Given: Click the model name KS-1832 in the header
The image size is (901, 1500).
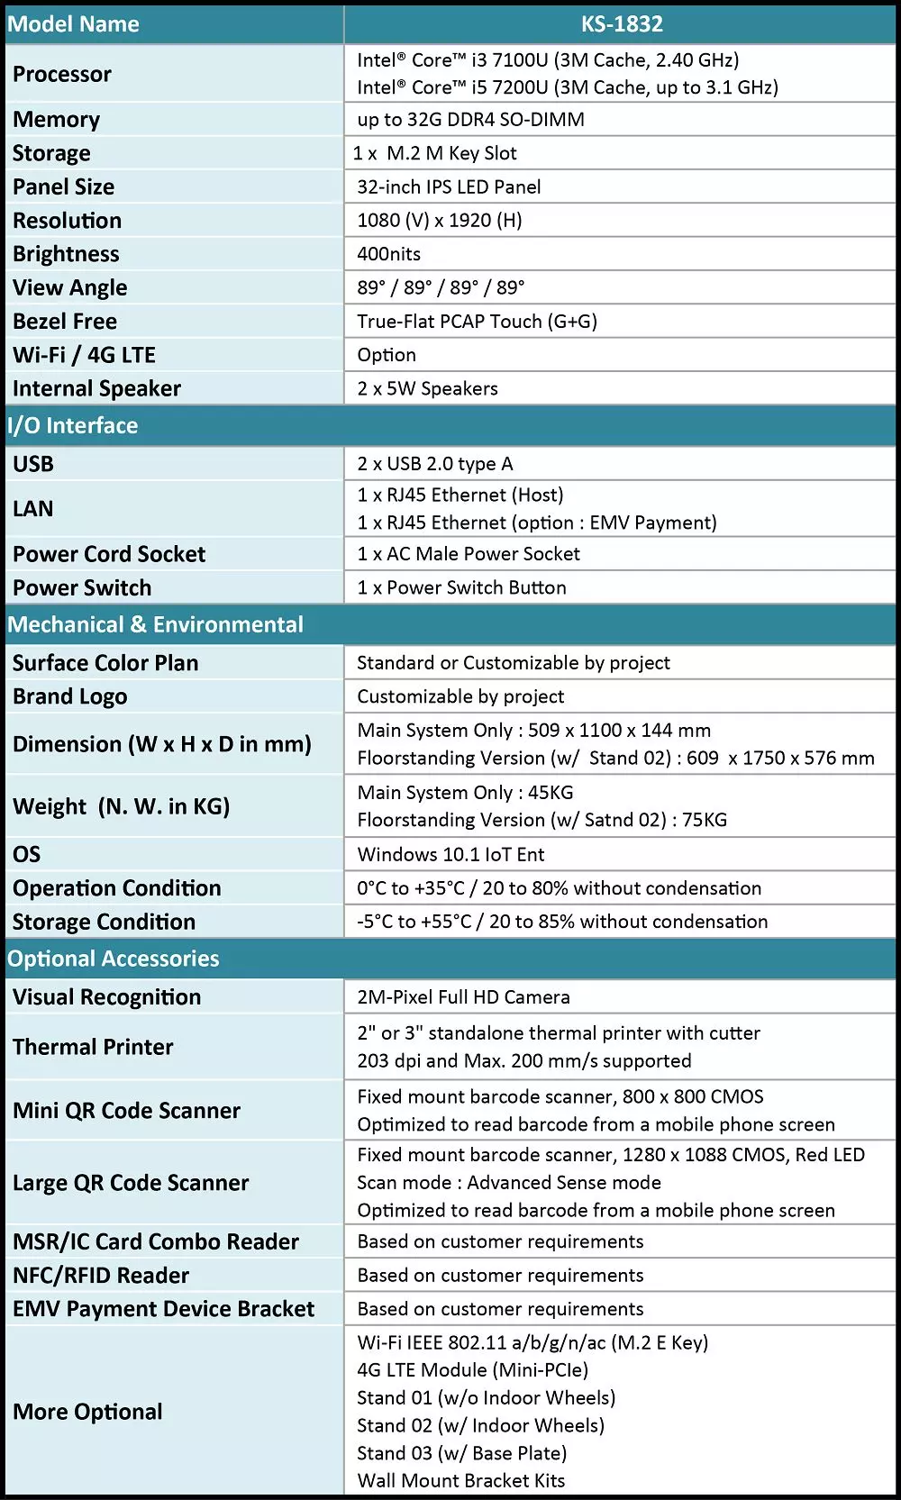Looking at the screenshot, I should click(622, 24).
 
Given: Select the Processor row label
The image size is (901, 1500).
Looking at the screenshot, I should click(62, 74).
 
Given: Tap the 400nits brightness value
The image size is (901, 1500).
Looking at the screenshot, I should click(388, 254).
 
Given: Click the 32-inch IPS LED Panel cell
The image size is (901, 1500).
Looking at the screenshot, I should click(449, 186).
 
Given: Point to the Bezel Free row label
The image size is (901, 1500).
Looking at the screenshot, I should click(65, 322).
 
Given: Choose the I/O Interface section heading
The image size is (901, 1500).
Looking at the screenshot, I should click(73, 425).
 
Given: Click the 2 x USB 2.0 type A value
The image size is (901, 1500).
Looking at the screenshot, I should click(435, 464).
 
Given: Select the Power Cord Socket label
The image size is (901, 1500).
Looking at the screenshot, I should click(109, 554).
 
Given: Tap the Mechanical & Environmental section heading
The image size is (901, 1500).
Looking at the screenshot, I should click(156, 624).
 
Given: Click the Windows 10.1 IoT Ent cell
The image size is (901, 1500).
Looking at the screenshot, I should click(450, 854).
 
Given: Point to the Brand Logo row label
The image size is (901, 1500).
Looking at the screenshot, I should click(70, 696).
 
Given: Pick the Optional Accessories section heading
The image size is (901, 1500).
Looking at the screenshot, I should click(114, 959).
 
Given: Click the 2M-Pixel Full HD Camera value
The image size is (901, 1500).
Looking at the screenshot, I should click(463, 997).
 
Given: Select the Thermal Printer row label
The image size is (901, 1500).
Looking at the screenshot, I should click(93, 1047).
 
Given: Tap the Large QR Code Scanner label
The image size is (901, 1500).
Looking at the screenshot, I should click(131, 1183).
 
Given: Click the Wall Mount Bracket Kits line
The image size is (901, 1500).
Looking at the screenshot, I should click(461, 1480).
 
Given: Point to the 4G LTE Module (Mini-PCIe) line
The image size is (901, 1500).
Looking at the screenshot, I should click(472, 1369).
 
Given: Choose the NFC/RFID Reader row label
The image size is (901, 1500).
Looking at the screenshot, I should click(101, 1276).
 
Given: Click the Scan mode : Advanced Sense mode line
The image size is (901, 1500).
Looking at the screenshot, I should click(509, 1183).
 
